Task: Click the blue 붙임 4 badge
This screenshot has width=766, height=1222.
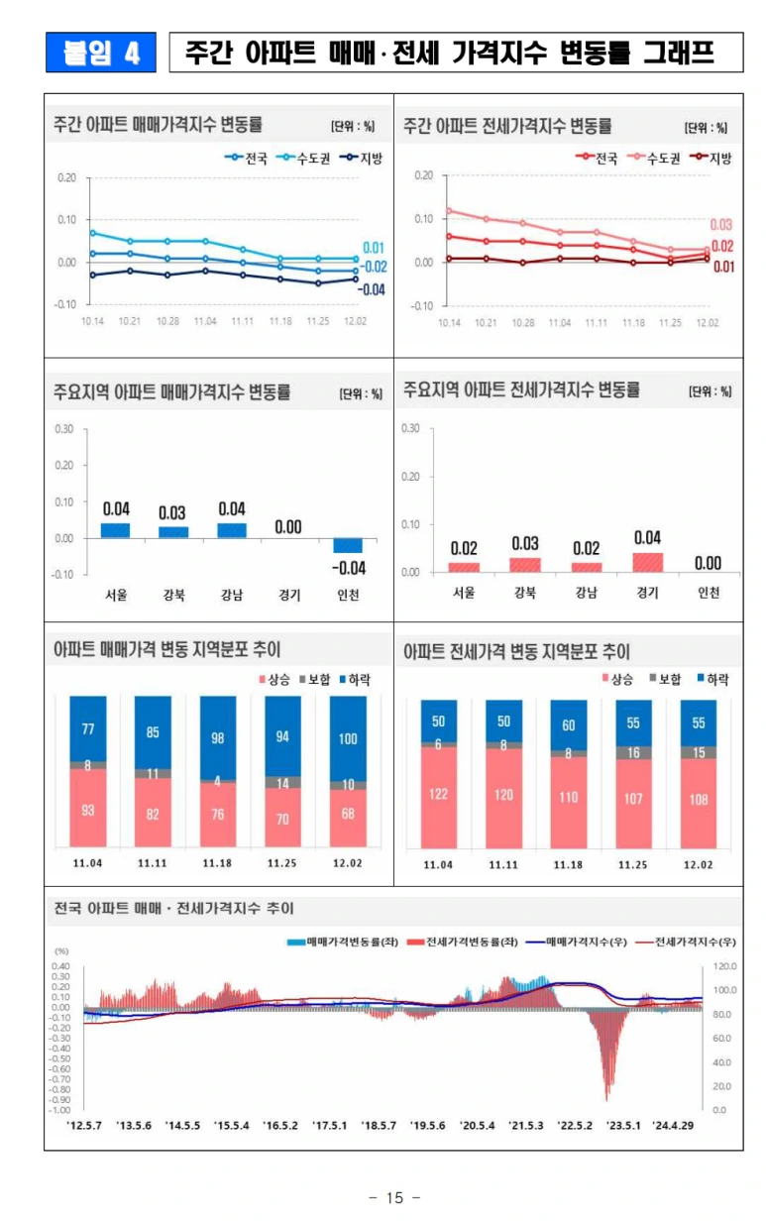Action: (100, 53)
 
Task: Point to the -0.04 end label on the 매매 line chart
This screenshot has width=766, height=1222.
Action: (371, 289)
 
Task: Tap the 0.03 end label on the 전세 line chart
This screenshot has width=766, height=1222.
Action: (720, 225)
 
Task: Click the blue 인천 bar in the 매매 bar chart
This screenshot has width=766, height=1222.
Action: (348, 546)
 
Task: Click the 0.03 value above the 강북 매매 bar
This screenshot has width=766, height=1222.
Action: (172, 512)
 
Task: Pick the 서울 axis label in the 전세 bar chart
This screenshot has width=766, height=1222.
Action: (464, 594)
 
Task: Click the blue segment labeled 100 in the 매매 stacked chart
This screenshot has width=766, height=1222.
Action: (348, 738)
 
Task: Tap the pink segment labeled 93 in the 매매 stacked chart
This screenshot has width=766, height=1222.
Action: (87, 809)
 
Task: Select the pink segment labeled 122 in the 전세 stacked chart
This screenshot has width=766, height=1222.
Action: (438, 794)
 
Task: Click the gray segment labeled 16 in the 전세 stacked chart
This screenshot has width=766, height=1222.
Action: (632, 753)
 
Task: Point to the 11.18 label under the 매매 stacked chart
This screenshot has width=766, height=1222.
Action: (218, 863)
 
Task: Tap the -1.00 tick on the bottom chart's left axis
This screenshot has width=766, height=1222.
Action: (60, 1110)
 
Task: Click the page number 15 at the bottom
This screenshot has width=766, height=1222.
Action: (394, 1198)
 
